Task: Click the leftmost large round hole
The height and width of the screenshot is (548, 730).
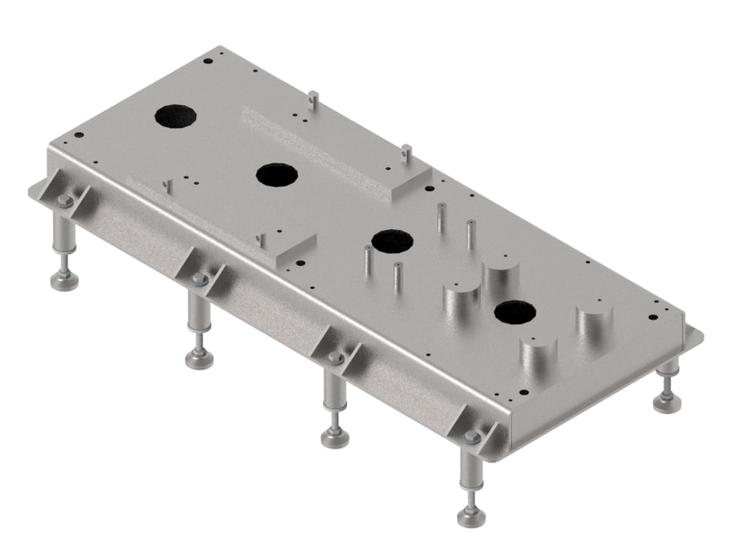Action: tap(175, 116)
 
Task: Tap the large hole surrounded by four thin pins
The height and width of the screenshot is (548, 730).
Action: tap(391, 241)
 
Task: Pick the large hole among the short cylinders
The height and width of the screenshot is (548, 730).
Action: tap(515, 313)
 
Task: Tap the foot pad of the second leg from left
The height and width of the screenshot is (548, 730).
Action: tap(200, 359)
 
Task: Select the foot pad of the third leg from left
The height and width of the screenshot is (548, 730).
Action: tap(335, 437)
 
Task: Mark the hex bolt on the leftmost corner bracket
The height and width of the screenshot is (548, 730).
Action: tap(65, 201)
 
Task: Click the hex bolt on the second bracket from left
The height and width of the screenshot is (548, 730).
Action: tap(200, 279)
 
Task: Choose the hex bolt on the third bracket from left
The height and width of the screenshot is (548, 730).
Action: tap(336, 357)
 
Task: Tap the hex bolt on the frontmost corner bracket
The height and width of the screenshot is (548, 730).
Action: tap(472, 437)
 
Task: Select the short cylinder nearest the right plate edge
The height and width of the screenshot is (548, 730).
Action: tap(594, 325)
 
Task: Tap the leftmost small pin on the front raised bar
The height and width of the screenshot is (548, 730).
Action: tap(167, 184)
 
